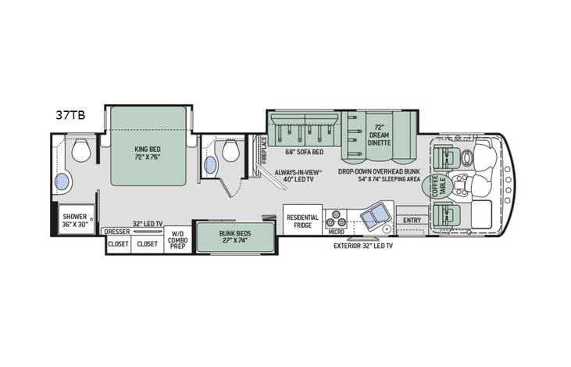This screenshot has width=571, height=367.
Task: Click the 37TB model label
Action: [x=70, y=114]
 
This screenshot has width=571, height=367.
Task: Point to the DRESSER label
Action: [x=116, y=232]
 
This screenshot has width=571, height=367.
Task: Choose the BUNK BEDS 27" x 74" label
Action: [x=234, y=238]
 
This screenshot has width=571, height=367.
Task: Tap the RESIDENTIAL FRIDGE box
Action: [x=302, y=221]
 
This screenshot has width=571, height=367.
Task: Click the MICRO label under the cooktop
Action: [x=337, y=232]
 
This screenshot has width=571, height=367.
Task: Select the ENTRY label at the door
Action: [x=411, y=221]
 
